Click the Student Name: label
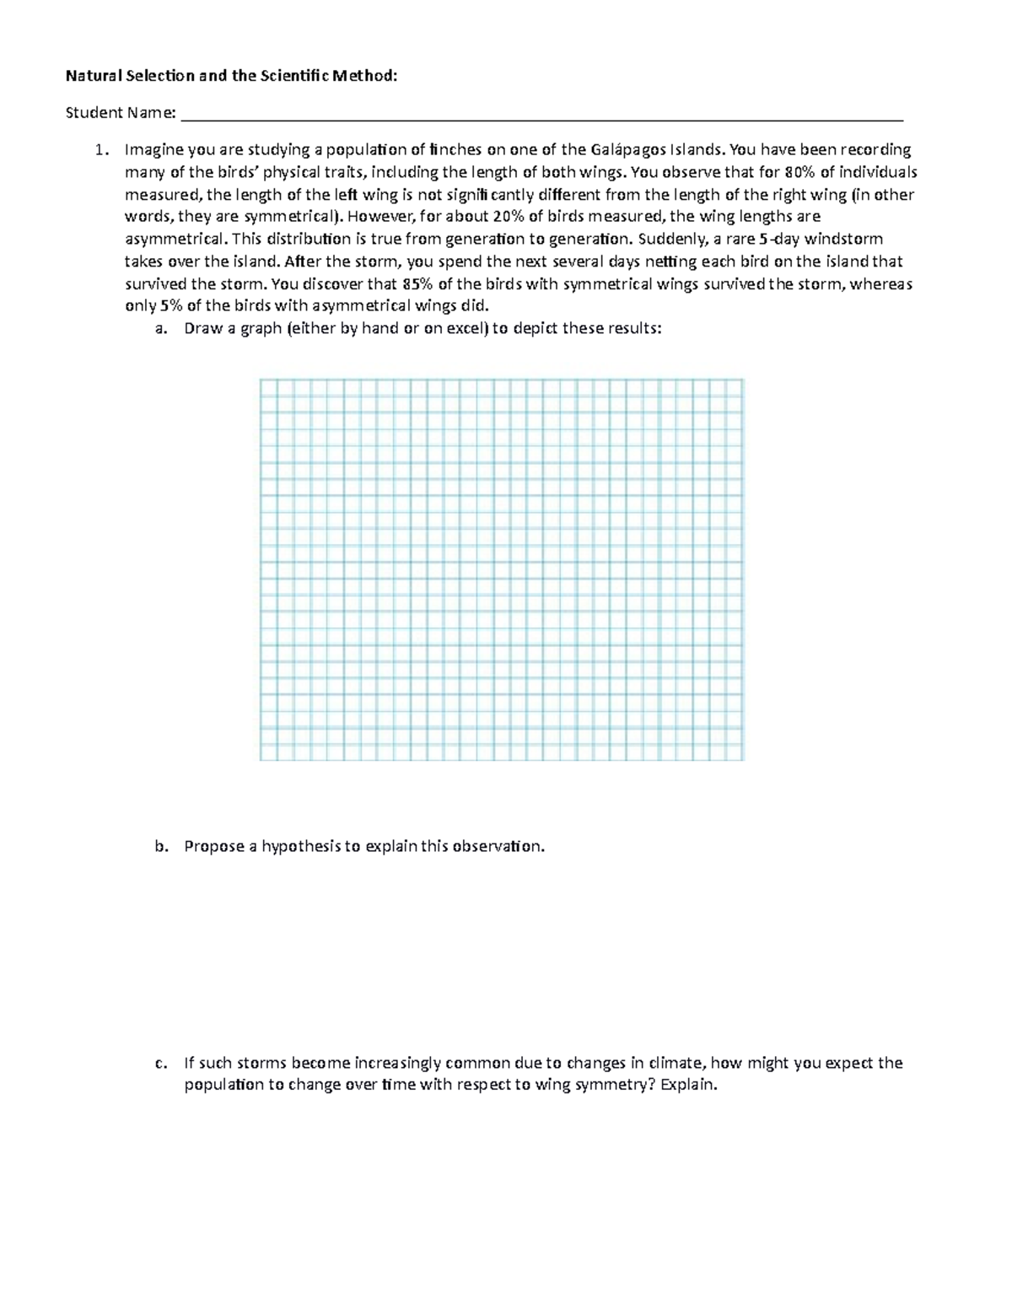coord(121,113)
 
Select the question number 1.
coord(100,150)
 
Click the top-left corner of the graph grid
coord(261,380)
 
